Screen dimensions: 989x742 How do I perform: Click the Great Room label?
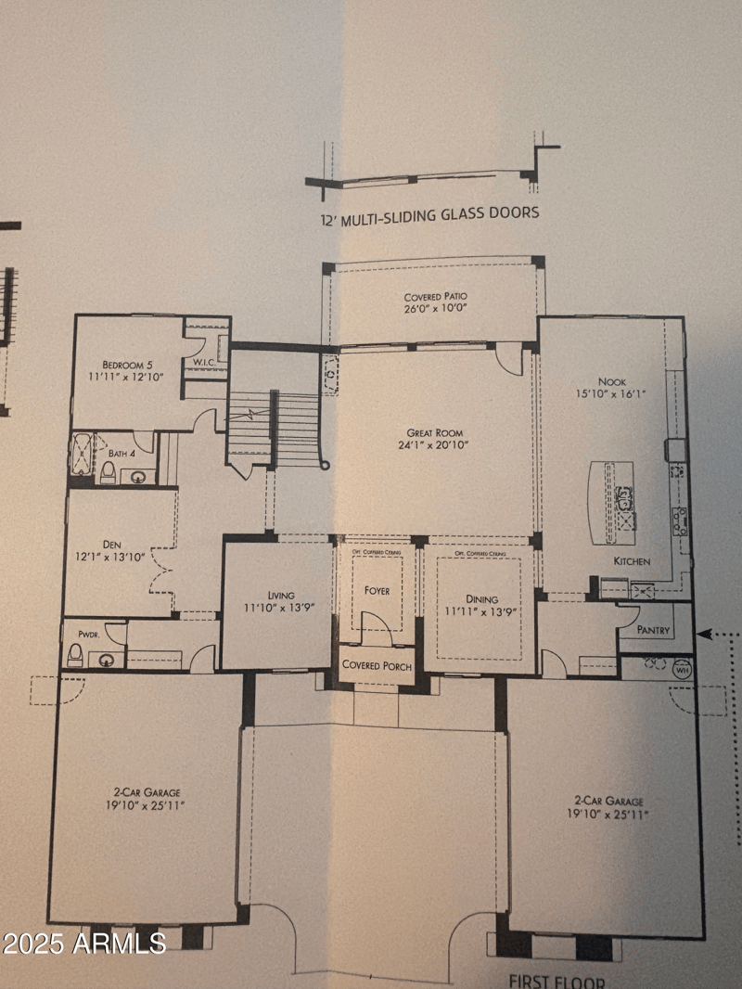434,432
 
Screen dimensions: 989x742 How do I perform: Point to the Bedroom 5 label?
123,364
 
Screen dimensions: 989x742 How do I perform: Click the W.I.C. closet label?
205,361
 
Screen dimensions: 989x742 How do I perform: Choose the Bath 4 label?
121,453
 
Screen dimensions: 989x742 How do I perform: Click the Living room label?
280,595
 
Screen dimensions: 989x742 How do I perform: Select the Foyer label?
377,590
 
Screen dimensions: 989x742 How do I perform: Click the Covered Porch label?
377,665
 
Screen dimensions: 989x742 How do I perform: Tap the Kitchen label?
631,561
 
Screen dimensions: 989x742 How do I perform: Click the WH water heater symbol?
683,670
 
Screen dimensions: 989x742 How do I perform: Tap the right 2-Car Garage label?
608,801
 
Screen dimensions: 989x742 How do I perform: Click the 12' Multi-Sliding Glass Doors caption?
428,213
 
